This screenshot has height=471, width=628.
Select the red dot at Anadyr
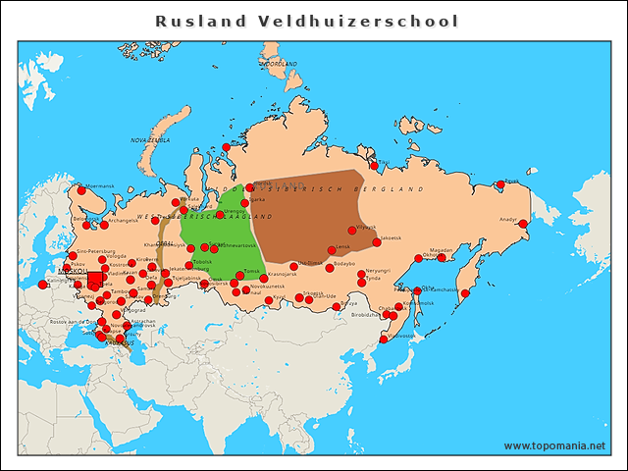click(523, 224)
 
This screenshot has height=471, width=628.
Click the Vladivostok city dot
click(384, 340)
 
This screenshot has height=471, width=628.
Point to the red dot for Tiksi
click(374, 166)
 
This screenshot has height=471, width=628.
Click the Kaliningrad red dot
click(42, 285)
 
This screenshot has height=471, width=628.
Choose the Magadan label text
click(442, 250)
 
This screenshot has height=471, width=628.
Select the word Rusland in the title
click(197, 21)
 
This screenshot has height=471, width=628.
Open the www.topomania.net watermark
click(554, 445)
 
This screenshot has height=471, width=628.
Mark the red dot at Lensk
click(331, 250)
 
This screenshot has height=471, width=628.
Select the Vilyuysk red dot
click(352, 231)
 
